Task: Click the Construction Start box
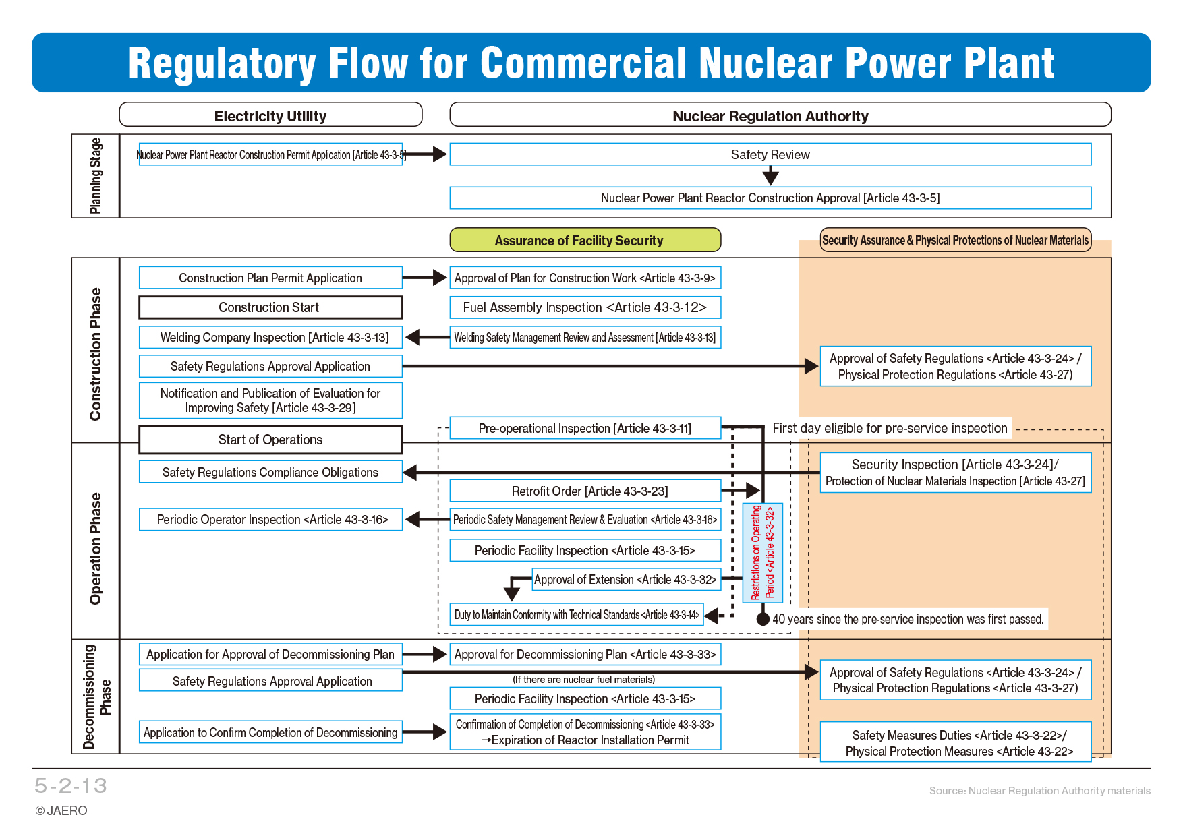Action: tap(270, 307)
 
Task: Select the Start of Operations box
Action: tap(270, 440)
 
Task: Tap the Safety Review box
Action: tap(770, 154)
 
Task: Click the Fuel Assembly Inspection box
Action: tap(585, 307)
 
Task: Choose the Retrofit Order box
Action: tap(585, 491)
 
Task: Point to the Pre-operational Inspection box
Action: tap(585, 428)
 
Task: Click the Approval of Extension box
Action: tap(626, 579)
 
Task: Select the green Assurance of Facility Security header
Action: tap(585, 240)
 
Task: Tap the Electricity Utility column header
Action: tap(270, 115)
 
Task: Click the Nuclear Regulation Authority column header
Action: tap(780, 115)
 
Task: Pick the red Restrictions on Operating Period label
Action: tap(763, 553)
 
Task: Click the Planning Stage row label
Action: tap(96, 176)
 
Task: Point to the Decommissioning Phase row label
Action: tap(97, 696)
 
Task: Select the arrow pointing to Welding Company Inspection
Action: tap(428, 337)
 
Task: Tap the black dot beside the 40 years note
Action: tap(763, 619)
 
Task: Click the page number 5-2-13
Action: tap(71, 785)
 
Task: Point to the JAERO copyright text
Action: tap(61, 810)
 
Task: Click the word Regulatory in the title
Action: tap(222, 63)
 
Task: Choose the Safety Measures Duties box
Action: tap(956, 742)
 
